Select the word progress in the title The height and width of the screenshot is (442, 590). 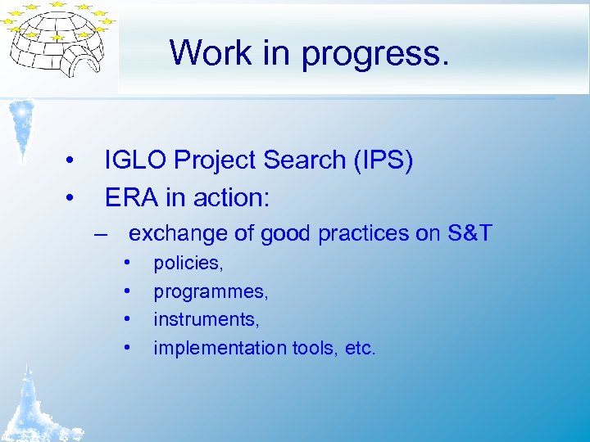coord(375,54)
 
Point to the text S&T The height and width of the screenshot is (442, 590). coord(470,234)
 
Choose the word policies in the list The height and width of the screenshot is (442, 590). coord(188,264)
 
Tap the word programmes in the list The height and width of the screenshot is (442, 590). coord(211,291)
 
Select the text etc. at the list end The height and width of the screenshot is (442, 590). coord(360,348)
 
